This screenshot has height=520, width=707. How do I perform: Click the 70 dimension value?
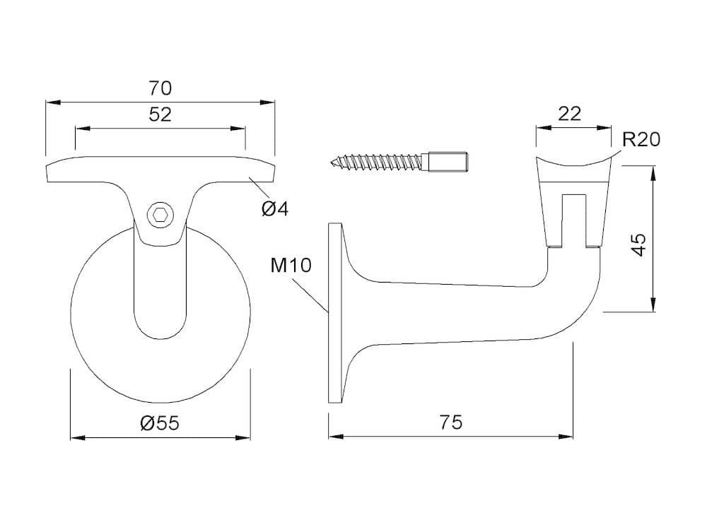pos(160,88)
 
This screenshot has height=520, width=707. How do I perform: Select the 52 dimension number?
pos(160,114)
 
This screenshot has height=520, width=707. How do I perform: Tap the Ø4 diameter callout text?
pos(275,208)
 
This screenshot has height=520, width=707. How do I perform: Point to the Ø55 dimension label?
pos(160,422)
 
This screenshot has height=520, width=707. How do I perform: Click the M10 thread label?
pos(291,265)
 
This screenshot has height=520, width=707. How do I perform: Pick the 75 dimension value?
pos(451,422)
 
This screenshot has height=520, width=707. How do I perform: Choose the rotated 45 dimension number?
pos(639,244)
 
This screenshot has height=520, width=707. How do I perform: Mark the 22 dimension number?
pos(569,114)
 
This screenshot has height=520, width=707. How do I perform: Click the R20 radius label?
pos(641,140)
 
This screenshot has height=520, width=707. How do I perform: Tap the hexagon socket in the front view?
pos(158,215)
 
